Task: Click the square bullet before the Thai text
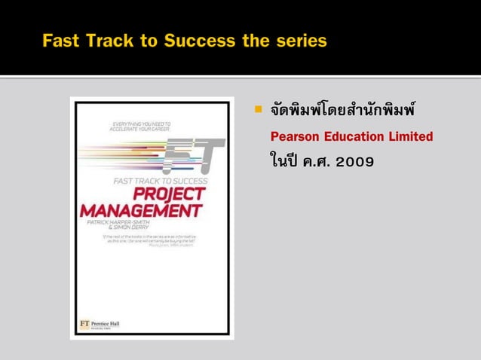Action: [257, 111]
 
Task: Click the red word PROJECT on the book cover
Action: [173, 194]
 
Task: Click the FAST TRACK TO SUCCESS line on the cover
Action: [161, 181]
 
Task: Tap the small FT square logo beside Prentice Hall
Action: [85, 324]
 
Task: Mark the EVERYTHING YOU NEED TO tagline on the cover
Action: [142, 121]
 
